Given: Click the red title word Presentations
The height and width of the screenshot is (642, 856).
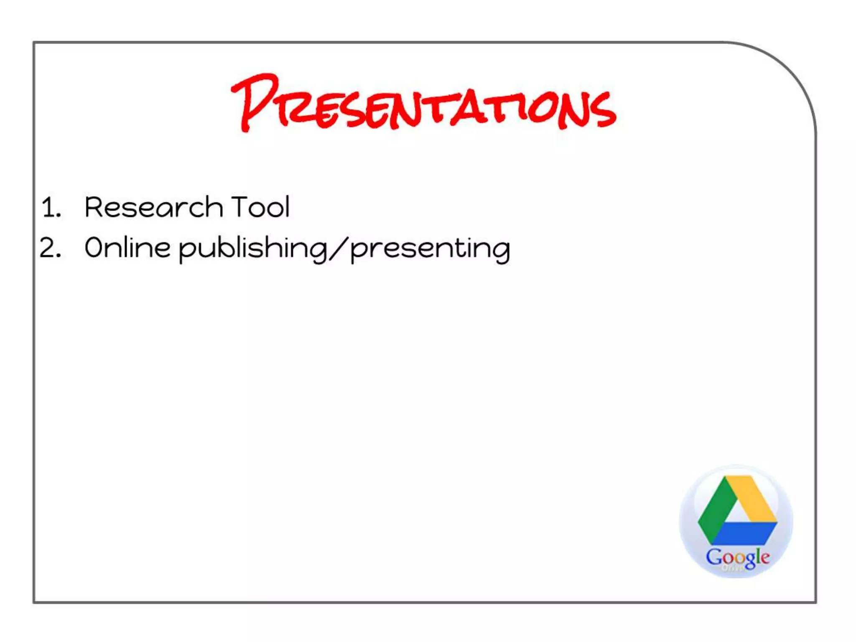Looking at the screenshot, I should pos(423,104).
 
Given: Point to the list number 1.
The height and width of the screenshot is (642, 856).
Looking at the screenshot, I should pos(51,207).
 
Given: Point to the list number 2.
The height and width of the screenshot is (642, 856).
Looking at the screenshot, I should pos(50,248).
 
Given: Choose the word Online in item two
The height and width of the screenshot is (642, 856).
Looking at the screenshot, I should pos(127,247).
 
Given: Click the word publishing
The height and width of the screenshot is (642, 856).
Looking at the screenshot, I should pos(253,249).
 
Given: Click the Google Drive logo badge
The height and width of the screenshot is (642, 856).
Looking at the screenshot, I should pos(736,522).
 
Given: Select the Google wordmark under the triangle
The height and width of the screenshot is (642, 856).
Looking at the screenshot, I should pos(737,557).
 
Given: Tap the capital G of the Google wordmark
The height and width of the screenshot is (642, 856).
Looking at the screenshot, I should pos(713,556).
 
